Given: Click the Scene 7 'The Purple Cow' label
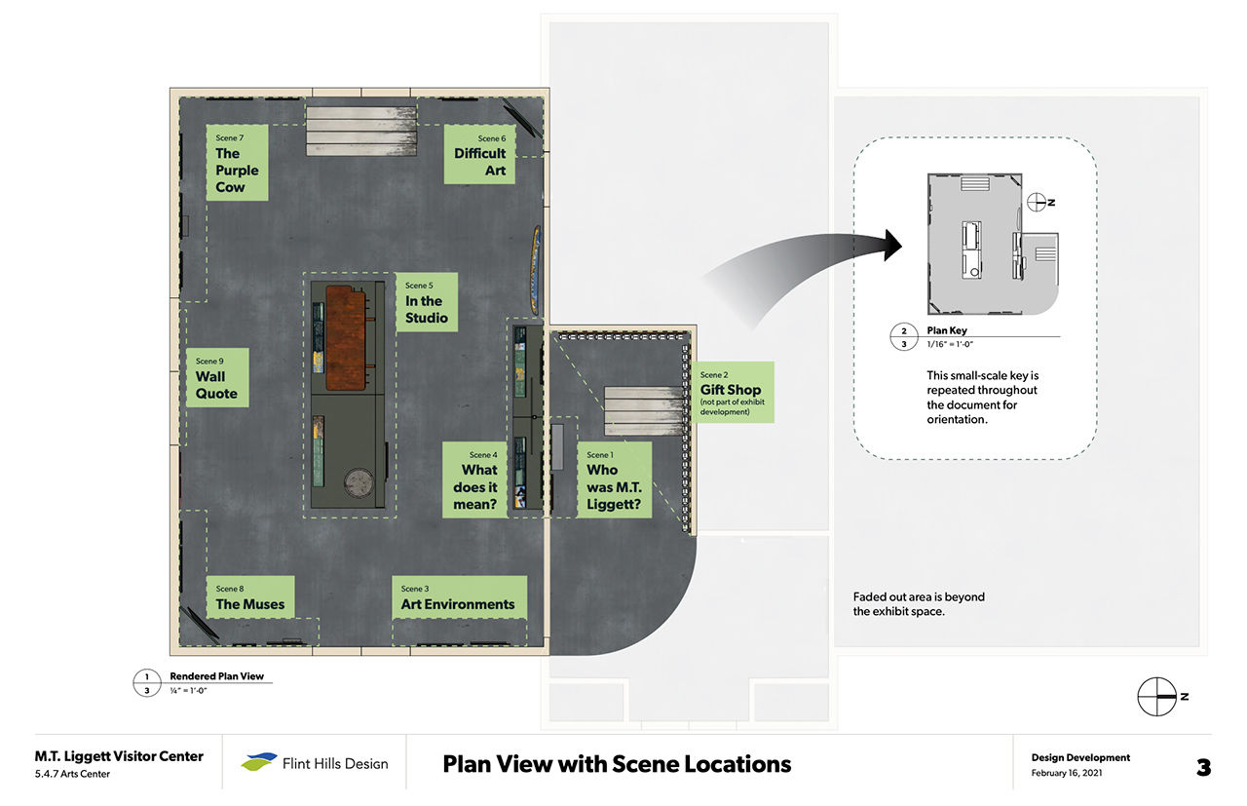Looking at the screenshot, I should (238, 163).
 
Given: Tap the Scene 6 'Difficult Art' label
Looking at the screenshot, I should (479, 154).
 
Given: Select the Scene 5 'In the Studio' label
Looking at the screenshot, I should (427, 302).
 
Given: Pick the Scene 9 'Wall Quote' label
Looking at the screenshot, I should (217, 378).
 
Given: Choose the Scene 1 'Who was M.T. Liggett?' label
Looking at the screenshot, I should (613, 480).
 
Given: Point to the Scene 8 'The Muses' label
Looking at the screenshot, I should (249, 597).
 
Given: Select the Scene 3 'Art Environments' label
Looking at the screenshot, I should (458, 597).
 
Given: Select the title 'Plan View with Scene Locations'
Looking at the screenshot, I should (616, 763).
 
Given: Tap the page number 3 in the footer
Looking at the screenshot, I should (1203, 767).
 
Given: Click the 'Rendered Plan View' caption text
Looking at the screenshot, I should (216, 676).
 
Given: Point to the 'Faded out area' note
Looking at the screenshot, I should (919, 604).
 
